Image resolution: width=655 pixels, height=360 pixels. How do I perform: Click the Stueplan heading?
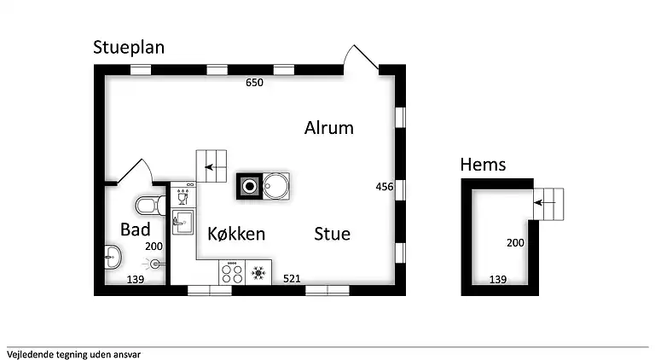click(129, 48)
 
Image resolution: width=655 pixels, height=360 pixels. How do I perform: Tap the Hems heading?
click(483, 165)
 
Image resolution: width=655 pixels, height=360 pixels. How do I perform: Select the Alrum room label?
click(328, 128)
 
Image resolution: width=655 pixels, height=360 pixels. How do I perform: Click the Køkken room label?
click(236, 234)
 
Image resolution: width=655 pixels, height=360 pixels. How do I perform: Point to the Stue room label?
click(332, 234)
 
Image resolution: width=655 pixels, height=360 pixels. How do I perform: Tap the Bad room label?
click(136, 229)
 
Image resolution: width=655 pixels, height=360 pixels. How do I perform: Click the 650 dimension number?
click(254, 83)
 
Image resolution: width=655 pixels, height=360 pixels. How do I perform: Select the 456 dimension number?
click(385, 187)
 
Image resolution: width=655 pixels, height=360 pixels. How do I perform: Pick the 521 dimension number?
click(292, 279)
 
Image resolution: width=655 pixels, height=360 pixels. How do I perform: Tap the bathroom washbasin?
click(113, 257)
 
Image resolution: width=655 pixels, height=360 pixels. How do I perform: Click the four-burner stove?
click(232, 272)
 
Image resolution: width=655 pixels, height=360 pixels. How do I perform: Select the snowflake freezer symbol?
click(258, 273)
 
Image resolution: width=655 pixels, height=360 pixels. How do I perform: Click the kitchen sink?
click(183, 222)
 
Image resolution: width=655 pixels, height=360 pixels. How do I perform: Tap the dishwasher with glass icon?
click(183, 195)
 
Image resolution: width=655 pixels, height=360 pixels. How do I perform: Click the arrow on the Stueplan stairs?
click(215, 167)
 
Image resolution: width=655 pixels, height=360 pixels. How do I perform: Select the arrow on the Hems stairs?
click(545, 203)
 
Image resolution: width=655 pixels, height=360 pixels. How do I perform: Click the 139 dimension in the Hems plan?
click(498, 280)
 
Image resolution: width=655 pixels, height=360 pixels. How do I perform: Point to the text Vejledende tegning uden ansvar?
click(73, 355)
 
